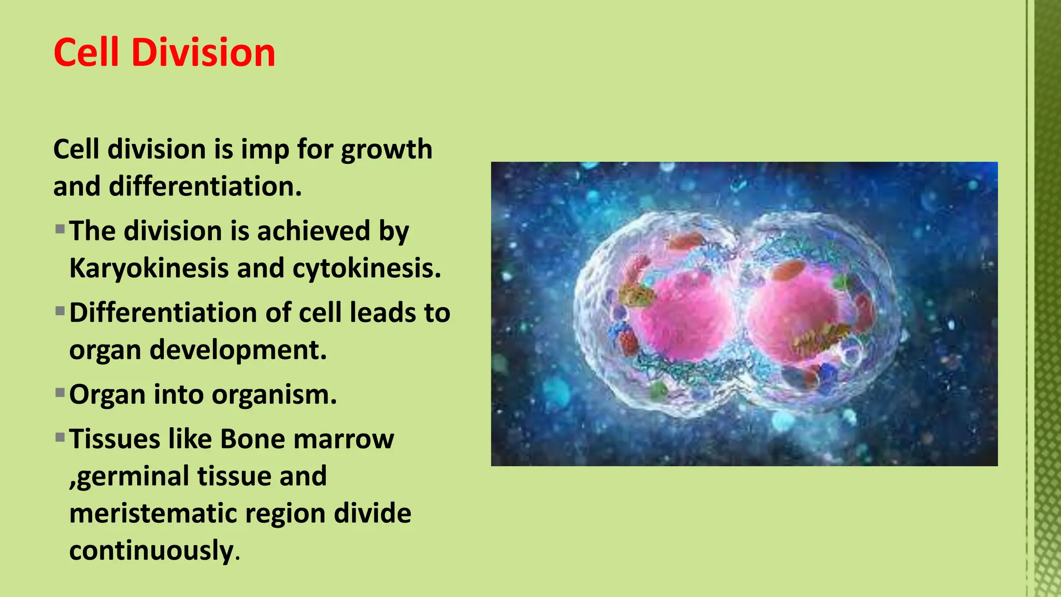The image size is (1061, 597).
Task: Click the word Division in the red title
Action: pyautogui.click(x=203, y=53)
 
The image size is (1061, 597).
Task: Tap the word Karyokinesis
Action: pyautogui.click(x=149, y=269)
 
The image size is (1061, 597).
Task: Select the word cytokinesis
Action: pyautogui.click(x=366, y=268)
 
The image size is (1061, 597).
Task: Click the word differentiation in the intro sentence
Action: pyautogui.click(x=205, y=187)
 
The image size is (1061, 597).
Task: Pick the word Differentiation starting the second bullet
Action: pyautogui.click(x=163, y=313)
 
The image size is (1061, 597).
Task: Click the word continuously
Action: pyautogui.click(x=152, y=551)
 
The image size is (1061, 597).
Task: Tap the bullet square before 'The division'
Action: pyautogui.click(x=60, y=229)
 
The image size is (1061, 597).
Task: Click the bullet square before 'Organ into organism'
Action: pyautogui.click(x=60, y=392)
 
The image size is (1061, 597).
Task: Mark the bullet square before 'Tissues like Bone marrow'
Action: pyautogui.click(x=60, y=437)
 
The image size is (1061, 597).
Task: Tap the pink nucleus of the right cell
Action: pyautogui.click(x=790, y=314)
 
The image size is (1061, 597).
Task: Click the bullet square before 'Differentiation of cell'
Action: pyautogui.click(x=60, y=311)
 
